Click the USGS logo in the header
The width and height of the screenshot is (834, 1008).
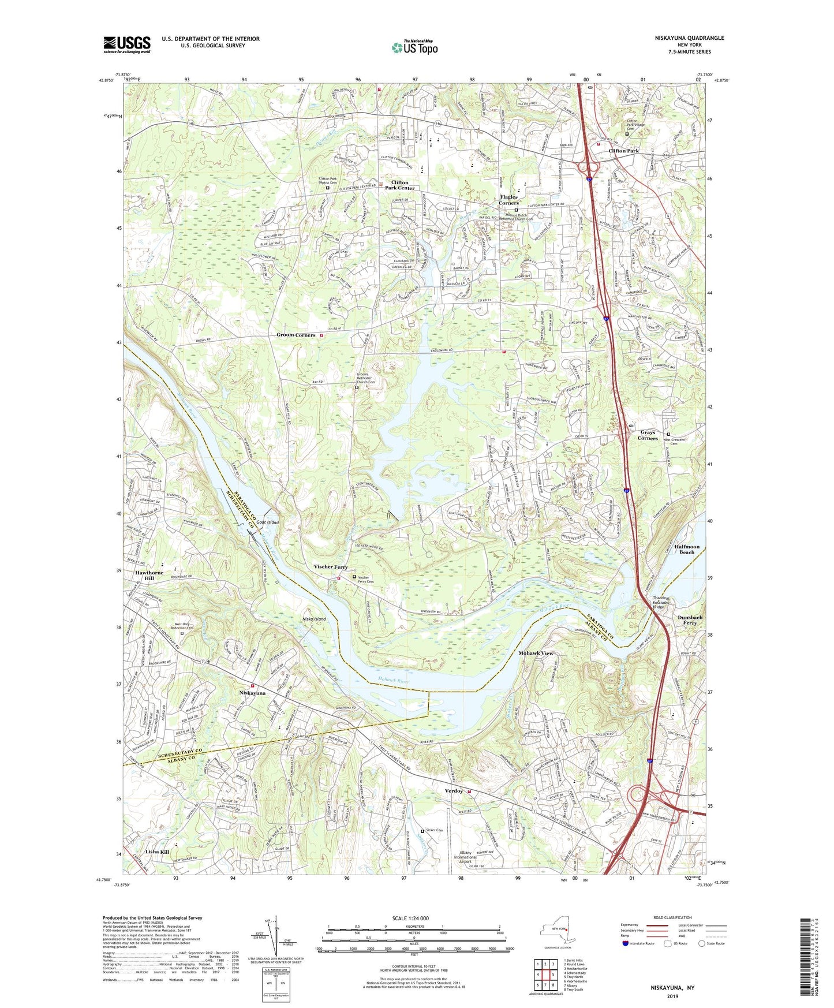point(127,44)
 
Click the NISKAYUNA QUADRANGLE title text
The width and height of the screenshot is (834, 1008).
point(689,38)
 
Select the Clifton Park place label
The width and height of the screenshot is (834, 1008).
point(623,151)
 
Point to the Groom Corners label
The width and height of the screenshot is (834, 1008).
point(296,335)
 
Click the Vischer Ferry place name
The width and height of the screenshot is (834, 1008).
point(331,567)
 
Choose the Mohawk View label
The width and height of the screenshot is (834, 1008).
point(536,653)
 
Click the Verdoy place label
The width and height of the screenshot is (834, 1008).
point(454,790)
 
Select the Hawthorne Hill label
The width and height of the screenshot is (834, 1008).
point(149,576)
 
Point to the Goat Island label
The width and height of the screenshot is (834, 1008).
point(268,522)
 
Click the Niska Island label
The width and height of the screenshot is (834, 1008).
point(314,618)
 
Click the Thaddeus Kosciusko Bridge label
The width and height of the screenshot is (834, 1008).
point(666,602)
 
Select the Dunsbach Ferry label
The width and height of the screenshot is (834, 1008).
point(689,620)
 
